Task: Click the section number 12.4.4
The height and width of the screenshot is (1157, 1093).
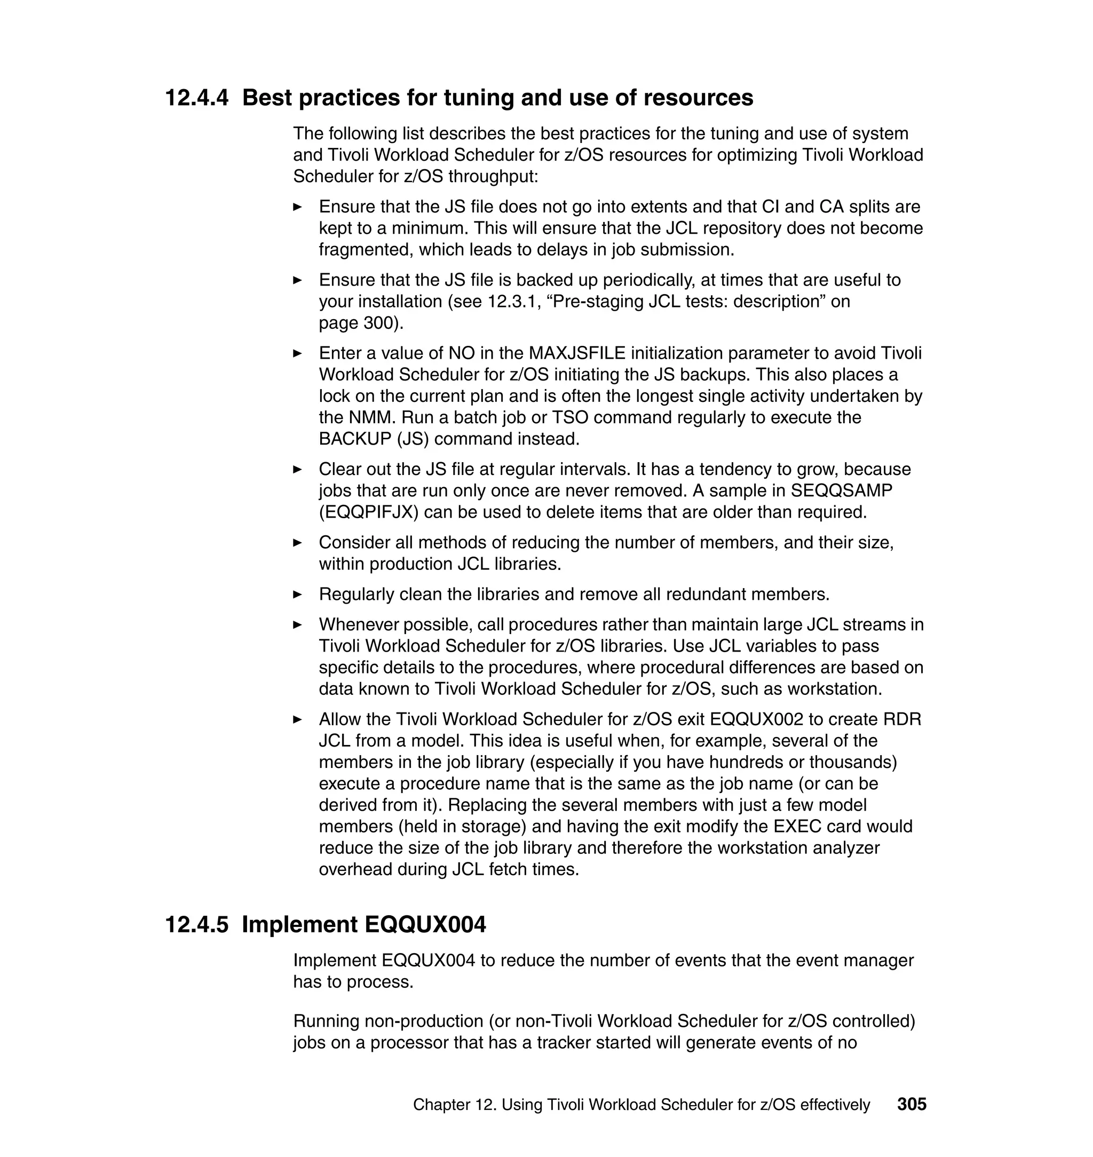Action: tap(197, 98)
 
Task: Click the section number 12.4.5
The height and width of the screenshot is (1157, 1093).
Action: tap(197, 924)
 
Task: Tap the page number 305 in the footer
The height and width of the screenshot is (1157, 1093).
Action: tap(912, 1104)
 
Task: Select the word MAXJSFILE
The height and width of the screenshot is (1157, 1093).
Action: tap(577, 353)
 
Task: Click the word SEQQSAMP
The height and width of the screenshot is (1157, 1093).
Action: tap(841, 490)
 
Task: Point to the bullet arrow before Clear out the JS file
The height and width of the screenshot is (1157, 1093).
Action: tap(297, 470)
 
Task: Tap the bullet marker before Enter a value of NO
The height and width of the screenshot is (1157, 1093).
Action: tap(297, 354)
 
